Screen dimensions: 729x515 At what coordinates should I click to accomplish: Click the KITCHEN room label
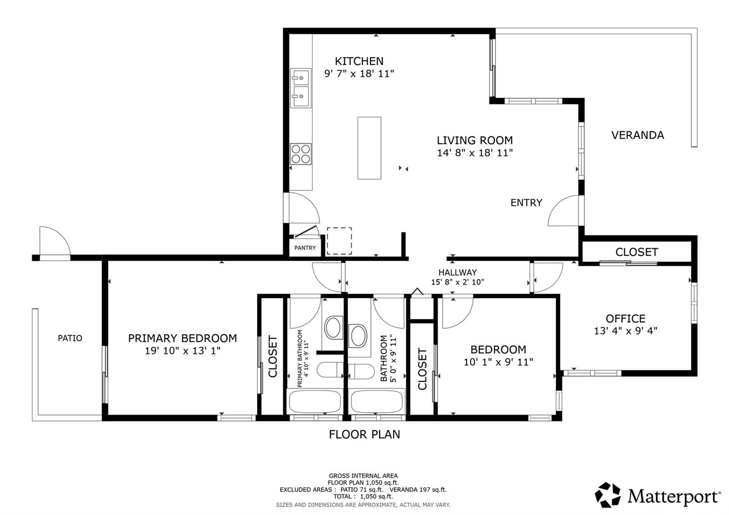(359, 61)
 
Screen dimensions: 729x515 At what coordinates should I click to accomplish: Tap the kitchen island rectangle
(369, 148)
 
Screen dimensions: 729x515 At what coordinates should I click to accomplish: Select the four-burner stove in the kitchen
(300, 154)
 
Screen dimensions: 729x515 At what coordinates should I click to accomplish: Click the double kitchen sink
(301, 88)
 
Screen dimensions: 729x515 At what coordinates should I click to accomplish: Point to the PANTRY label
(305, 248)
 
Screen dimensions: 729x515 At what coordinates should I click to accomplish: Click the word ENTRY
(526, 203)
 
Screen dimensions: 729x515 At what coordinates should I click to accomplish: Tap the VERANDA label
(637, 135)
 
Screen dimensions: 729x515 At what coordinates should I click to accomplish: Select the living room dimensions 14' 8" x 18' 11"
(475, 153)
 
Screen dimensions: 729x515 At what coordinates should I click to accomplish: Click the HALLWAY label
(457, 273)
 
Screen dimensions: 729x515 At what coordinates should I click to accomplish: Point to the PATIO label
(70, 338)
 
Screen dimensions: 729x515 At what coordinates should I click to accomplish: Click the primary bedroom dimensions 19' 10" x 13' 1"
(183, 351)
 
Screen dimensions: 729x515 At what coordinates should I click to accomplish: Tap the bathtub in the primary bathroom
(315, 402)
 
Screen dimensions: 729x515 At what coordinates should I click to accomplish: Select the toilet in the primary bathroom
(329, 371)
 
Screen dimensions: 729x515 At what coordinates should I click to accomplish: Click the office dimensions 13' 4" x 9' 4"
(626, 331)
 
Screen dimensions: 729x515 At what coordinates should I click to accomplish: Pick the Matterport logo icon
(608, 495)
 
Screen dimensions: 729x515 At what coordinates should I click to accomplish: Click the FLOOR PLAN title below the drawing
(364, 435)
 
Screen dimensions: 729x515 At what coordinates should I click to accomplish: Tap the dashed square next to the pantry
(339, 241)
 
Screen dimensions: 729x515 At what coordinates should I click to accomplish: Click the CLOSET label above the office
(637, 252)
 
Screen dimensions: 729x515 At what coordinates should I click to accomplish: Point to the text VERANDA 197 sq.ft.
(418, 489)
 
